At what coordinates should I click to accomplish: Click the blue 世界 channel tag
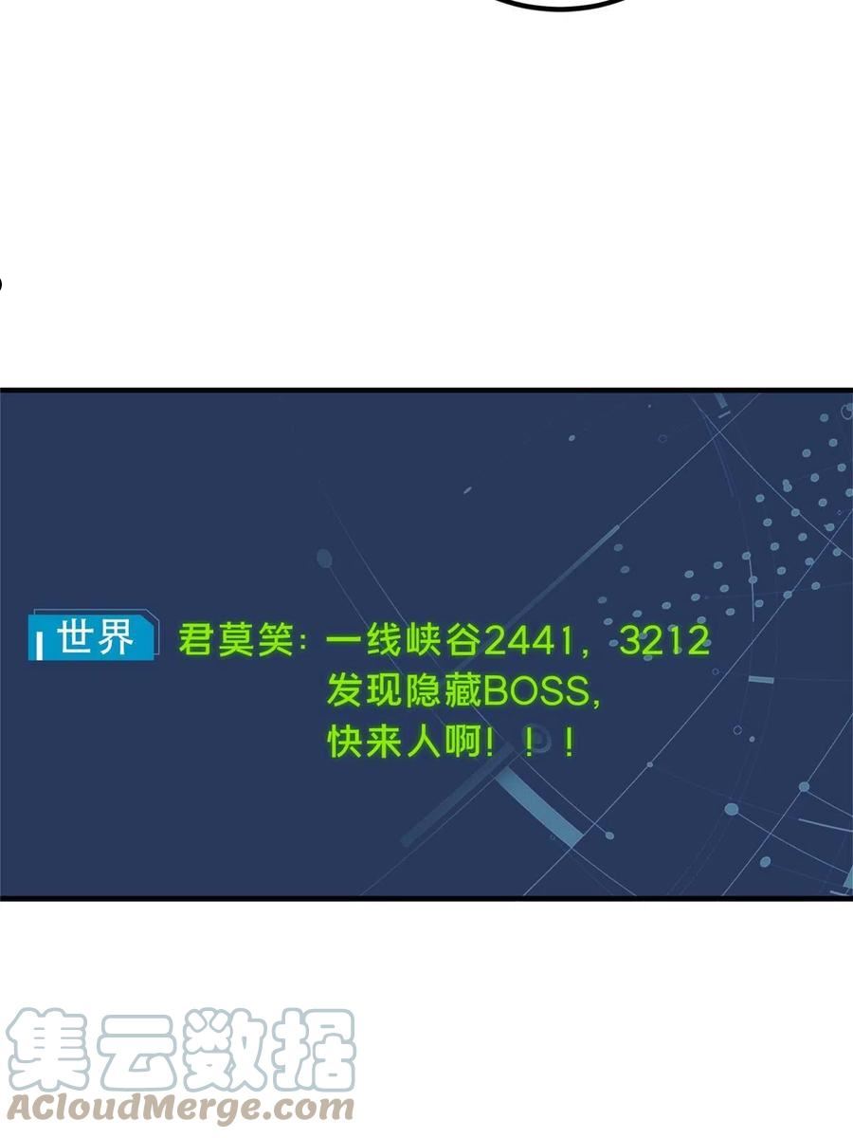click(93, 635)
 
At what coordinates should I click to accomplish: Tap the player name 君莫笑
click(236, 640)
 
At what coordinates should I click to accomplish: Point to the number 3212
click(665, 640)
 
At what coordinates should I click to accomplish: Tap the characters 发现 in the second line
click(365, 691)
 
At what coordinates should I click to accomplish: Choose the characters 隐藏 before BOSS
click(445, 691)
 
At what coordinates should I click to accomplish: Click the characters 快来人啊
click(405, 742)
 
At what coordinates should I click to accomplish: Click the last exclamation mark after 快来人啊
click(570, 743)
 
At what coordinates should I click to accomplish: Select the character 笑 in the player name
click(275, 640)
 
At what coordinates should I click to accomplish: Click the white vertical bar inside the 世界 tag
click(39, 646)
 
